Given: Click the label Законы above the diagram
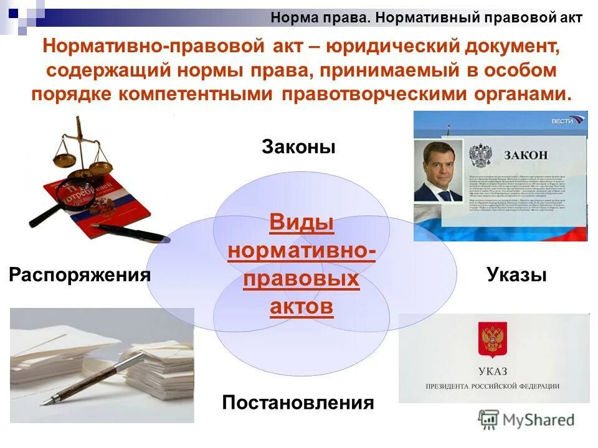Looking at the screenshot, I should coord(298,147).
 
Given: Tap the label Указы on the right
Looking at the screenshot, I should coord(516,274).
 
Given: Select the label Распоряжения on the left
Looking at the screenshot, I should coord(80,274).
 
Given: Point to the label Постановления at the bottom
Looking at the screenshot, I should coord(298,403).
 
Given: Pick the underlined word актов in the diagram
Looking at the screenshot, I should coord(301,306).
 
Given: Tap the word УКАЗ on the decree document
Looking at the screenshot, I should coord(493,372).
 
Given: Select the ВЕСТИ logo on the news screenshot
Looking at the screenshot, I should coord(567,119).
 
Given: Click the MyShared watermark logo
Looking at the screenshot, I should coord(526,419).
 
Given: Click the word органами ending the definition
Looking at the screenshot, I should coord(521,94).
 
